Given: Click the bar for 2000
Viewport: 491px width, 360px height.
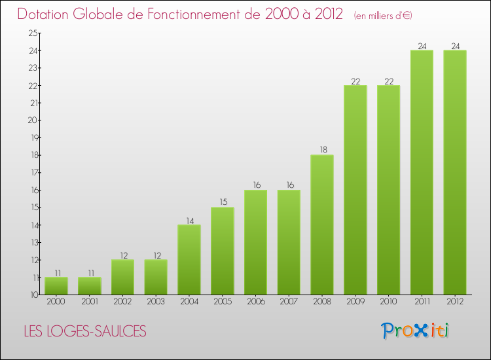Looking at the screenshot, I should [56, 286].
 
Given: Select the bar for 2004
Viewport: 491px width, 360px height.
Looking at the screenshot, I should [189, 260].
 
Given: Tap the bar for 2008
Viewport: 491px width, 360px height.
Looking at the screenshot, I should [322, 225].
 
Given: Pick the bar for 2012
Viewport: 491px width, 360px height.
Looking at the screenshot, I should [455, 172].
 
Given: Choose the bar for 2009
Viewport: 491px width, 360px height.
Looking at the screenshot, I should [355, 190].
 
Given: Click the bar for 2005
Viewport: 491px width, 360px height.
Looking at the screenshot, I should [223, 251].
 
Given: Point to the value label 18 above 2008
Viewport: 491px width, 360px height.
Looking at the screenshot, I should [322, 150].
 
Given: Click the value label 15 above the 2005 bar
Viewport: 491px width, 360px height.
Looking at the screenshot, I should [223, 202].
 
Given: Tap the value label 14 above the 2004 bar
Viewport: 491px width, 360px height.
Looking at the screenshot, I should [189, 220].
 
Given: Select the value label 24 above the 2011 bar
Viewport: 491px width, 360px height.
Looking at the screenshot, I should [422, 45].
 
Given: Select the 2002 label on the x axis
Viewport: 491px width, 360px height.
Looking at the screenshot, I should [122, 302].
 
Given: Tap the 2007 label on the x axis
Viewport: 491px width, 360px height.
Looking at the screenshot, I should [289, 302].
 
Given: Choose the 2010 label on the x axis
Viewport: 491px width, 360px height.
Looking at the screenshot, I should [389, 302].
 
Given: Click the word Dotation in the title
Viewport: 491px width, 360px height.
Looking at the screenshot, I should [48, 14].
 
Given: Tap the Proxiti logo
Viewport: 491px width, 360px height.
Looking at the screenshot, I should [416, 331].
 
